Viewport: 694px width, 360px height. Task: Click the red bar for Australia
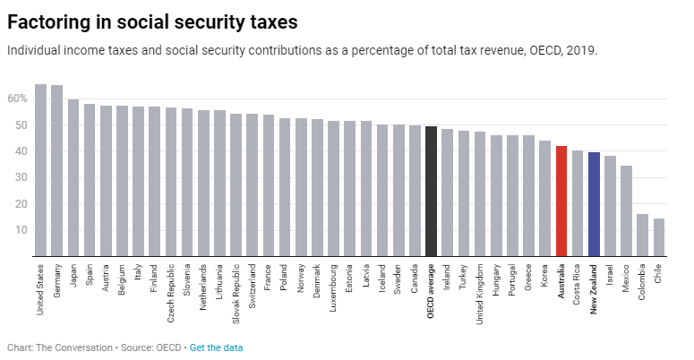[x=561, y=201]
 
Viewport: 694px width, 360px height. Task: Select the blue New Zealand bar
[x=594, y=204]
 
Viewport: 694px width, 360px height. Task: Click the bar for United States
[x=40, y=170]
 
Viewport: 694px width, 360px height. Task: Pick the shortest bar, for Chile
[x=659, y=237]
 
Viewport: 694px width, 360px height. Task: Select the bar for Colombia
[x=643, y=235]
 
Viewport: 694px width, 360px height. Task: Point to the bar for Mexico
[x=627, y=210]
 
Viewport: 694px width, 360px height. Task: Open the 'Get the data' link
[x=216, y=347]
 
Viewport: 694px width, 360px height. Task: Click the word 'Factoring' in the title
[x=53, y=20]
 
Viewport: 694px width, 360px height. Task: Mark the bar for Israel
[x=611, y=206]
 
